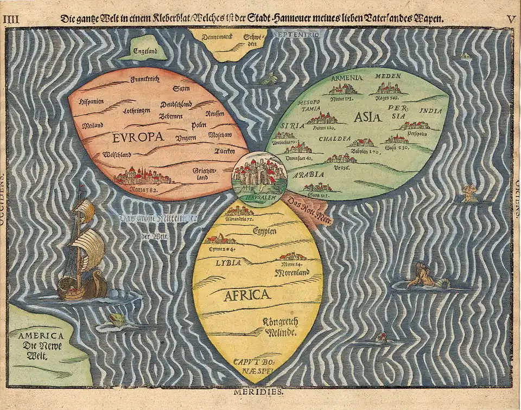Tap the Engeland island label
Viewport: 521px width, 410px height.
pyautogui.click(x=142, y=53)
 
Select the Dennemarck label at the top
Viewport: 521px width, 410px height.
pyautogui.click(x=217, y=37)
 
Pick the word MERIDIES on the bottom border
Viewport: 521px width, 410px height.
pyautogui.click(x=259, y=390)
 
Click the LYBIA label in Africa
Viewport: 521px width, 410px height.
pyautogui.click(x=228, y=262)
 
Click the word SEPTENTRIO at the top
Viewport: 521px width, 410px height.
pyautogui.click(x=300, y=34)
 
